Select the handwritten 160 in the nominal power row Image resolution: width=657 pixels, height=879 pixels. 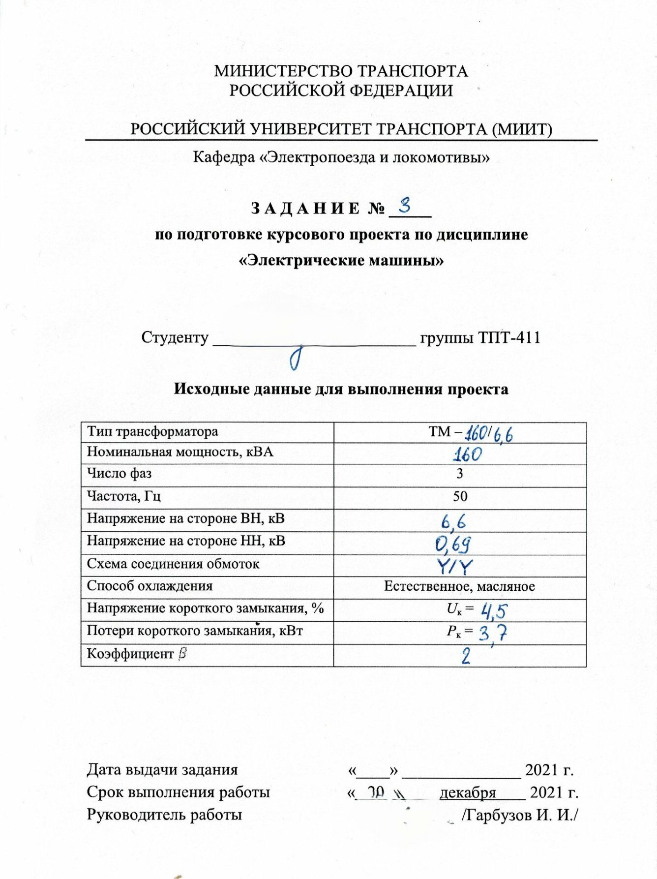[x=467, y=454]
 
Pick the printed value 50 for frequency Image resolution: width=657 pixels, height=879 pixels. [x=460, y=496]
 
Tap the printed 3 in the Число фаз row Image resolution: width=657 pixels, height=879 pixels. [x=460, y=474]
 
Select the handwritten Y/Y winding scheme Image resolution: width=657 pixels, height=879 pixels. [x=455, y=567]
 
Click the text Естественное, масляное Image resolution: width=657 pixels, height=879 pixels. [x=459, y=586]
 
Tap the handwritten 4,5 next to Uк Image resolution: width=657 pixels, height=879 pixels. [x=494, y=611]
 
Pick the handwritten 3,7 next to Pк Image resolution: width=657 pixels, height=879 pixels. [x=493, y=633]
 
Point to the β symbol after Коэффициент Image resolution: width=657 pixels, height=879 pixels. [x=182, y=654]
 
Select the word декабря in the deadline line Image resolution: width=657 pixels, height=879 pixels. [x=468, y=792]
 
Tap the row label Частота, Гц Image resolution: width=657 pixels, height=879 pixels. [x=124, y=495]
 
